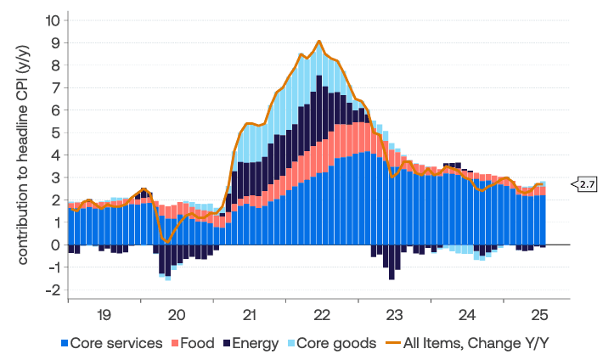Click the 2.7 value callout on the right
pyautogui.click(x=586, y=183)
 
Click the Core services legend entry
pyautogui.click(x=116, y=344)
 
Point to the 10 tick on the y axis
pyautogui.click(x=53, y=20)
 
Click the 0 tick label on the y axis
pyautogui.click(x=56, y=245)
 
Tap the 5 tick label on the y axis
pyautogui.click(x=56, y=132)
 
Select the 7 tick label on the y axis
pyautogui.click(x=56, y=87)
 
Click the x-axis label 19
pyautogui.click(x=104, y=314)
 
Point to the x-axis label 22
pyautogui.click(x=323, y=314)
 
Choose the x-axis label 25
pyautogui.click(x=539, y=314)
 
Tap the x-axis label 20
pyautogui.click(x=177, y=314)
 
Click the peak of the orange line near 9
pyautogui.click(x=318, y=41)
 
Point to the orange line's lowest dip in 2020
pyautogui.click(x=167, y=242)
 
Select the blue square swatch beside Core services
pyautogui.click(x=64, y=344)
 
